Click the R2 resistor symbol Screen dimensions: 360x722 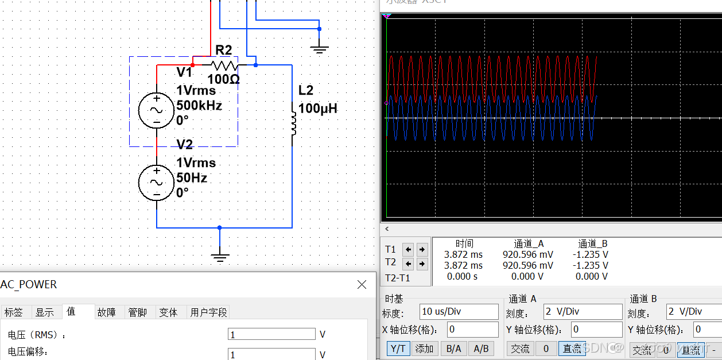224,65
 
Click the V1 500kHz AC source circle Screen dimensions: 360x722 156,110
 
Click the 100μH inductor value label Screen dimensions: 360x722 318,108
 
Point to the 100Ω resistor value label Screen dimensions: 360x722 223,79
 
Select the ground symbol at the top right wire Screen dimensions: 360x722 320,49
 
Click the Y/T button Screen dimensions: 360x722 398,349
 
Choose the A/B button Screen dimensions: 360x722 482,349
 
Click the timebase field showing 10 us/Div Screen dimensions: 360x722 459,312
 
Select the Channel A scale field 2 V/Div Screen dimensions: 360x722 583,312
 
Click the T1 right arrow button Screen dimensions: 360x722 422,249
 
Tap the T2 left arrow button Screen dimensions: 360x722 408,264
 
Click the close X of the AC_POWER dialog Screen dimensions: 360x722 362,285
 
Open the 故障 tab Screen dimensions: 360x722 106,312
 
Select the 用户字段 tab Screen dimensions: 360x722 209,312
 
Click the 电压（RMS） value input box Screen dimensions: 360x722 271,334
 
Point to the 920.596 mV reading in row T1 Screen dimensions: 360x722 528,254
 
